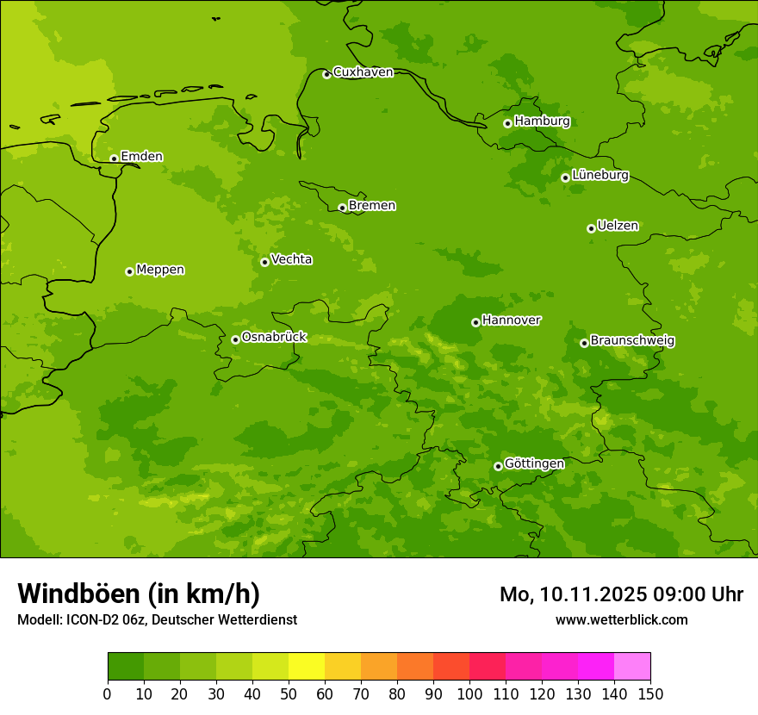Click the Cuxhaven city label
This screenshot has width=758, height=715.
pos(363,72)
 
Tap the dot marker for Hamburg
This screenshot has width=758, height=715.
pos(508,123)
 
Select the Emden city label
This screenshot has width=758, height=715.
pos(141,157)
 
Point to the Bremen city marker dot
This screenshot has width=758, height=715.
pos(342,208)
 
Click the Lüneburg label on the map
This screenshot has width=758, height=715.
pos(600,176)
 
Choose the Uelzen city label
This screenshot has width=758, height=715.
pos(618,227)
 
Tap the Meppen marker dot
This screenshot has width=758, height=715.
pos(129,271)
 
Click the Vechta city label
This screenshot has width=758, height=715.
pos(291,259)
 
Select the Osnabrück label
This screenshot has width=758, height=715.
pos(274,338)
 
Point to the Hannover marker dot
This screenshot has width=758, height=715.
pos(475,322)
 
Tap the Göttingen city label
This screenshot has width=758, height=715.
pos(534,464)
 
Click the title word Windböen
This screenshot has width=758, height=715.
pos(78,594)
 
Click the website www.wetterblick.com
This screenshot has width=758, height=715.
pos(622,620)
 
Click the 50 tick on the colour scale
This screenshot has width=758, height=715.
pos(289,693)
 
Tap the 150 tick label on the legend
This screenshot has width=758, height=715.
pos(650,693)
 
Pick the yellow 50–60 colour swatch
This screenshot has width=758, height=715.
pos(307,667)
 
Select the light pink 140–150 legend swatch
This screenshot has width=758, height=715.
pos(632,667)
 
